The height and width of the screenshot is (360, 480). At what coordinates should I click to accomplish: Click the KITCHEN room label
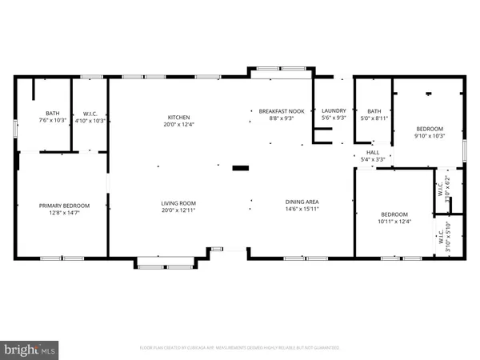point(178,117)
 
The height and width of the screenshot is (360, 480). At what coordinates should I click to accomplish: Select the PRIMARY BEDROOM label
point(65,206)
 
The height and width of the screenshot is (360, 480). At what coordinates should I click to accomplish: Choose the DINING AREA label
point(302,202)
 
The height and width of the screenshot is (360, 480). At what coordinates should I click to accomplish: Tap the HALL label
point(374,152)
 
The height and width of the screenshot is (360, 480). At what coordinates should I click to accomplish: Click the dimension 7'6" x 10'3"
point(53,121)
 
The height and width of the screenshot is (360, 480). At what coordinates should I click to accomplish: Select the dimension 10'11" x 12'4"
point(394,222)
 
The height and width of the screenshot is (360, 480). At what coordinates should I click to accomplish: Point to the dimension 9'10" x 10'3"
point(429,137)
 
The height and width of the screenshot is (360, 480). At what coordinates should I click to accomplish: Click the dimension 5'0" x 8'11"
point(374,118)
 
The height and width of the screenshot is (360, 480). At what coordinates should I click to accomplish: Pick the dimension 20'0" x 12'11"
point(178,210)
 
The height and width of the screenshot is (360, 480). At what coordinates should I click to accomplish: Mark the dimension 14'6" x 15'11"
point(302,210)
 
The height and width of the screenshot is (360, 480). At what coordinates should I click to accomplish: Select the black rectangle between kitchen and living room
point(239,169)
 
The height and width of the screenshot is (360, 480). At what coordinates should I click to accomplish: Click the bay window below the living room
point(166,262)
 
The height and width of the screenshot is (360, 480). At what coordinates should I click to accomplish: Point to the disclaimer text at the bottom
point(240,348)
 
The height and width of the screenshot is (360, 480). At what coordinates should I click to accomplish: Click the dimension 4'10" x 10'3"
point(89,121)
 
